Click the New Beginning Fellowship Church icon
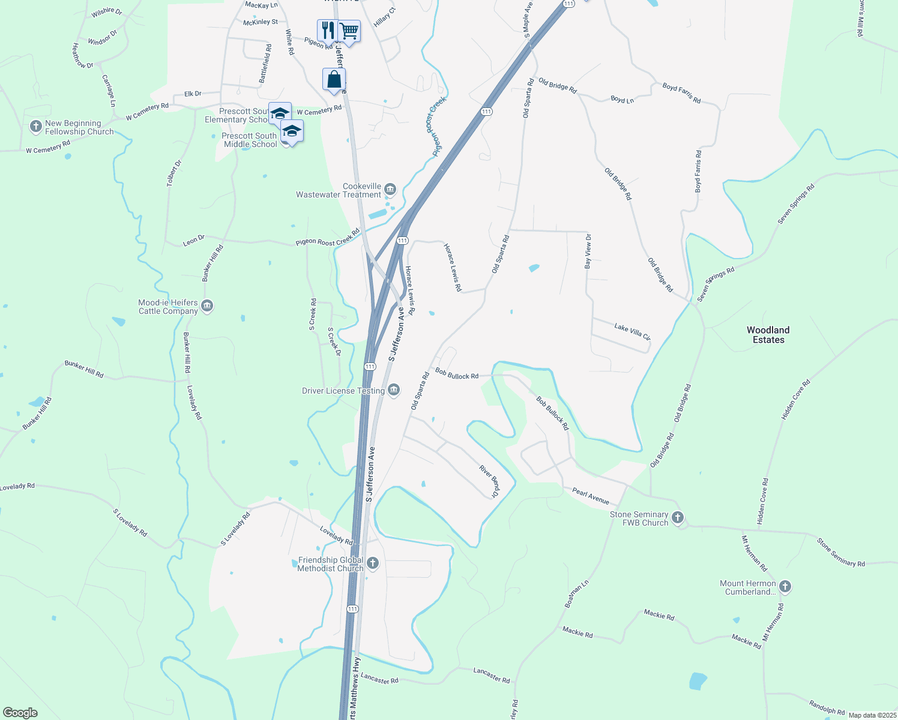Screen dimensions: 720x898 (x=35, y=127)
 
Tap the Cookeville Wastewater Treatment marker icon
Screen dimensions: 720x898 (x=390, y=190)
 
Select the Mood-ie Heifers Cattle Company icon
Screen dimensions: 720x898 (x=207, y=307)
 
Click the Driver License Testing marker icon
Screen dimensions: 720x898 (x=394, y=391)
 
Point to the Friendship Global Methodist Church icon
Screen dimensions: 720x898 (x=373, y=563)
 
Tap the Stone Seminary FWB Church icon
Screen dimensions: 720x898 (x=678, y=518)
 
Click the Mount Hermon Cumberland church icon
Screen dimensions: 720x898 (x=785, y=587)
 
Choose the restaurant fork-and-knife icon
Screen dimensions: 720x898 (x=327, y=29)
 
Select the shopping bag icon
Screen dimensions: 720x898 (x=334, y=79)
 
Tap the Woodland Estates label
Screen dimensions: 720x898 (x=768, y=335)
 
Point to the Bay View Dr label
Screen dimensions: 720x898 (x=588, y=251)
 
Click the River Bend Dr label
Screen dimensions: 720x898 (x=489, y=481)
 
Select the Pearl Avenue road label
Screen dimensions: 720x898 (x=590, y=496)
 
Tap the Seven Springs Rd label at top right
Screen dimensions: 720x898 (x=796, y=204)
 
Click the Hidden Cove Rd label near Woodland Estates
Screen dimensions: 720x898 (x=796, y=399)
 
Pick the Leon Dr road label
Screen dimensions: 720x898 (x=194, y=241)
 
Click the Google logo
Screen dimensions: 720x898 (x=20, y=713)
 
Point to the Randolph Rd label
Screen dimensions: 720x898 (x=827, y=707)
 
